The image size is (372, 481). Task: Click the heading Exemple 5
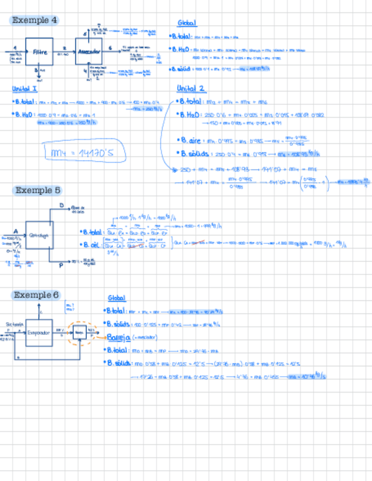click(x=38, y=191)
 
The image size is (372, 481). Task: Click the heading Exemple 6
click(x=36, y=295)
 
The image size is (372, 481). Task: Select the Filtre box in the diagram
click(x=39, y=52)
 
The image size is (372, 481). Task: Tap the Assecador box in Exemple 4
click(x=88, y=52)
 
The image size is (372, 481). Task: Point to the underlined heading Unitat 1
click(x=24, y=88)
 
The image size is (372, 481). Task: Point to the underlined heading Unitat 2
click(x=191, y=88)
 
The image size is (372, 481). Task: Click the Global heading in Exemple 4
click(x=187, y=23)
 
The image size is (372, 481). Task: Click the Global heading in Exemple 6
click(x=117, y=298)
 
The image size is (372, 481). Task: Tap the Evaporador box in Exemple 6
click(x=39, y=333)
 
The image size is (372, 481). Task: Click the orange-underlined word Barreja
click(x=119, y=337)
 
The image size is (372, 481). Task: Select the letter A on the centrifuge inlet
click(x=15, y=231)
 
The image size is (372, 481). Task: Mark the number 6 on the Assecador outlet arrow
click(x=110, y=48)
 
